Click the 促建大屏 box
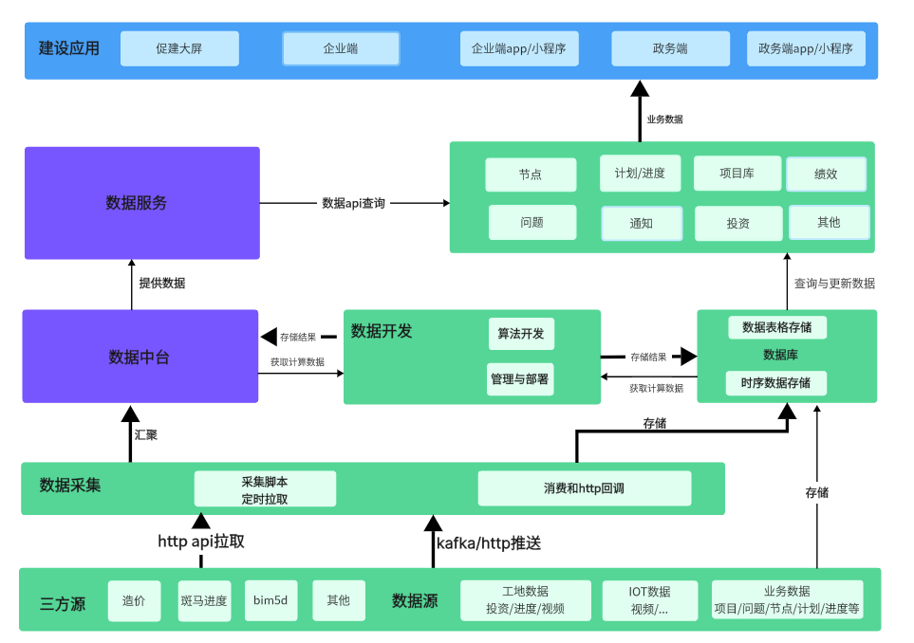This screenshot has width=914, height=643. [x=179, y=48]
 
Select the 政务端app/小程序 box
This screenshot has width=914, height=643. [x=806, y=48]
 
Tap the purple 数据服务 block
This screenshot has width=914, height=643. [x=142, y=203]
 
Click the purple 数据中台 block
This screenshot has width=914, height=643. [x=140, y=357]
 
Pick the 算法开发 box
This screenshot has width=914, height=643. [x=521, y=334]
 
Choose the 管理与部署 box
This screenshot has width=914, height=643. [x=521, y=378]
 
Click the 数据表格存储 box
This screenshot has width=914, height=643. [x=776, y=327]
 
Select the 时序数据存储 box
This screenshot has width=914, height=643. [x=776, y=383]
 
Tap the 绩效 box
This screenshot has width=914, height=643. [x=826, y=175]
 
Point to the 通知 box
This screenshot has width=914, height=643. [x=642, y=224]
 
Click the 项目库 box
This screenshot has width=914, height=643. [x=737, y=174]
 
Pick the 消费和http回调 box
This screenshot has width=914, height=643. [x=584, y=488]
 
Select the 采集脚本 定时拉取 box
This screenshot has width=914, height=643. [x=265, y=489]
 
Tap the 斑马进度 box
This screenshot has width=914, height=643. [x=204, y=600]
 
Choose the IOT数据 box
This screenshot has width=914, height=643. [x=649, y=600]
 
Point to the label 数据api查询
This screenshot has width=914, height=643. [x=353, y=203]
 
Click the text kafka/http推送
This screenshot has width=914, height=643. [x=489, y=543]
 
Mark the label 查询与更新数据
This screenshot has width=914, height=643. [x=834, y=283]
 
